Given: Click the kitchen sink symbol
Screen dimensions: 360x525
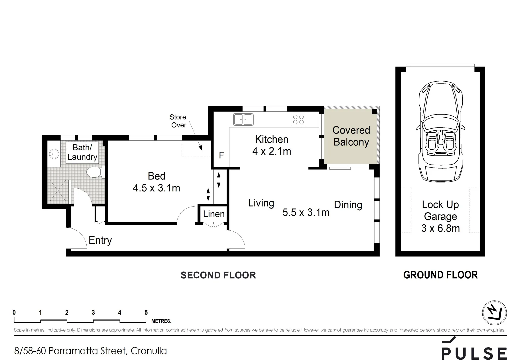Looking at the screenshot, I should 243,119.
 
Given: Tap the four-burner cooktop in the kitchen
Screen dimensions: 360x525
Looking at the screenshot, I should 298,119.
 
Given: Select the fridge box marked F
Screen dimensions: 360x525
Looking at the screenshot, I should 221,155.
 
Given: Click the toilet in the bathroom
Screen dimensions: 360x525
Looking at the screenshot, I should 94,172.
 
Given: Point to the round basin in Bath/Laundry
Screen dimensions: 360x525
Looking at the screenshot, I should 54,154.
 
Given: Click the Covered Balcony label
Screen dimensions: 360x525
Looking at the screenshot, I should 351,136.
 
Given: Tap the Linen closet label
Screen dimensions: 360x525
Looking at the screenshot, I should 214,214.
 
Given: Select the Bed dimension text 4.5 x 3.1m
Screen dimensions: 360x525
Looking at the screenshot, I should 156,188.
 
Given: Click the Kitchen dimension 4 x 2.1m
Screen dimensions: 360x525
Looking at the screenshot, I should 272,151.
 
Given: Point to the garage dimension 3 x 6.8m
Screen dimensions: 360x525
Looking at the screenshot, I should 440,228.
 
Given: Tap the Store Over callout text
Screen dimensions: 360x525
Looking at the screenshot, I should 178,121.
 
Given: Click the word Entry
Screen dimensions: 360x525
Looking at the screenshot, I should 100,240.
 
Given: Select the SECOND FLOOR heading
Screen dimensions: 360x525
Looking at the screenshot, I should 218,275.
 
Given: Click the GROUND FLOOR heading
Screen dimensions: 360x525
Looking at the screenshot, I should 440,275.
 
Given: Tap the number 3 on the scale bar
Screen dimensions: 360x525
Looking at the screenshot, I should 93,313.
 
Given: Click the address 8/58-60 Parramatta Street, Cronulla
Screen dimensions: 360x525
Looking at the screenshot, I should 90,351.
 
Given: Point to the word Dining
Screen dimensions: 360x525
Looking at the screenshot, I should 348,205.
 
